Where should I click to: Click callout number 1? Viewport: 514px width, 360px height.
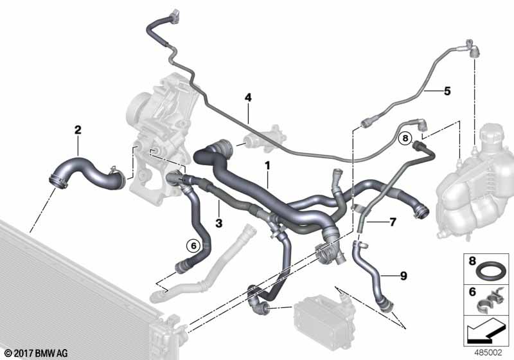pyautogui.click(x=267, y=166)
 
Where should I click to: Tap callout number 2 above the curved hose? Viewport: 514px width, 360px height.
pyautogui.click(x=78, y=130)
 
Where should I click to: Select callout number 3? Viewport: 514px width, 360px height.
pyautogui.click(x=219, y=223)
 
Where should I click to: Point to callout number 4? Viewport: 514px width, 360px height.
pyautogui.click(x=248, y=97)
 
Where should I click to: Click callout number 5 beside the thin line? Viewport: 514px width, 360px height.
pyautogui.click(x=447, y=91)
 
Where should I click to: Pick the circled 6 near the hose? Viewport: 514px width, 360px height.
pyautogui.click(x=193, y=245)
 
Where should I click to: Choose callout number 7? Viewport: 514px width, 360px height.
pyautogui.click(x=393, y=222)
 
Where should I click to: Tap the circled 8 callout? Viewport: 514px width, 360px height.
pyautogui.click(x=405, y=138)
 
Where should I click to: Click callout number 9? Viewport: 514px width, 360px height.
pyautogui.click(x=403, y=276)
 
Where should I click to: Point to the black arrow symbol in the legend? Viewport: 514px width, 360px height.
pyautogui.click(x=485, y=332)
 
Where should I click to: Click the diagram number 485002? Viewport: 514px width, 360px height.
pyautogui.click(x=488, y=353)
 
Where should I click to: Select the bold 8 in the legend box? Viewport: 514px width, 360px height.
pyautogui.click(x=472, y=261)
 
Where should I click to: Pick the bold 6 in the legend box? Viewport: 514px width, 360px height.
pyautogui.click(x=472, y=291)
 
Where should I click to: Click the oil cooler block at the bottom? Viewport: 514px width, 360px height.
pyautogui.click(x=323, y=314)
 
